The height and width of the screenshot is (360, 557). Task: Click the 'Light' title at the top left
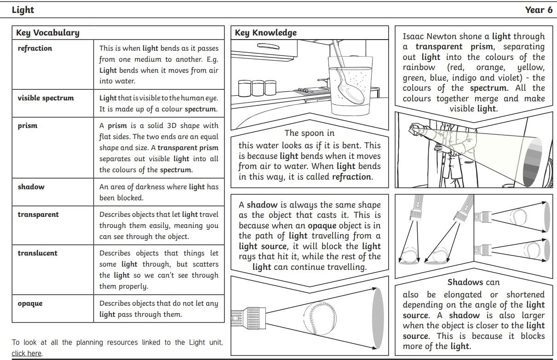click(x=23, y=10)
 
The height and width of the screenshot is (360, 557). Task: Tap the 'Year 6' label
click(x=539, y=10)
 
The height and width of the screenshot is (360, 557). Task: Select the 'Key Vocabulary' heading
click(x=47, y=33)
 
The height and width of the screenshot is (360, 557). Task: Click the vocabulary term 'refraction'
click(x=35, y=48)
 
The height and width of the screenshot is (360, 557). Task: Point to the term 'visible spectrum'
click(x=46, y=98)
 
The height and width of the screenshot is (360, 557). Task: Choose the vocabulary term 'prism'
click(x=28, y=126)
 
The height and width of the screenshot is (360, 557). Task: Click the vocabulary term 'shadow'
click(x=31, y=187)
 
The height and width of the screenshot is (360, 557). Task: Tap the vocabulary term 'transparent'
click(x=38, y=215)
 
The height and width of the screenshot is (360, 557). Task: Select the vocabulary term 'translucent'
click(x=38, y=253)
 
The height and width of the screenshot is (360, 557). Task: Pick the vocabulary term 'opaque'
click(x=30, y=303)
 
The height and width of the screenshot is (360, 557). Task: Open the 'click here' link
click(x=26, y=354)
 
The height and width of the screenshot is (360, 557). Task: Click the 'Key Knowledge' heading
click(x=266, y=33)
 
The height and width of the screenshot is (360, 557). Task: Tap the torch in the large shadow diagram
click(x=246, y=317)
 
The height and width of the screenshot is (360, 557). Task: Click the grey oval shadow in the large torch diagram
click(x=377, y=318)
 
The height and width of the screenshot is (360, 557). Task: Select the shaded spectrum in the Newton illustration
click(x=535, y=161)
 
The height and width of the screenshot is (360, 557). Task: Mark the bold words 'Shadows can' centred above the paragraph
click(x=473, y=282)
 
